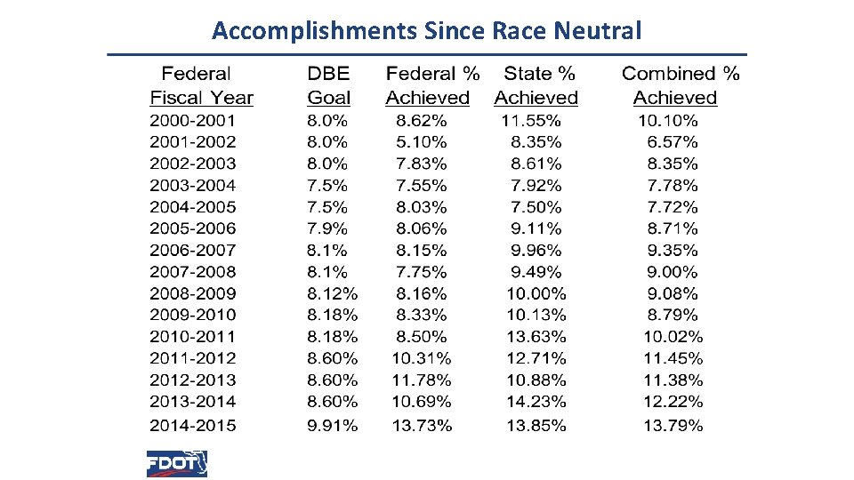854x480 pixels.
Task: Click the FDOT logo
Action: pyautogui.click(x=177, y=463)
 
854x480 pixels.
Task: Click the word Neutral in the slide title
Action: pyautogui.click(x=597, y=32)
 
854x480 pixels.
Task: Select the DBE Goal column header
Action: pyautogui.click(x=328, y=85)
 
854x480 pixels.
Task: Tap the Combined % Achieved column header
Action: pyautogui.click(x=680, y=85)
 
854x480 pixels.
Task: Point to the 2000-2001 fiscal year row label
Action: pyautogui.click(x=193, y=120)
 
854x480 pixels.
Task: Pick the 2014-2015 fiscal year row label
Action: pyautogui.click(x=193, y=425)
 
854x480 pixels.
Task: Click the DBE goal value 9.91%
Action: pyautogui.click(x=333, y=425)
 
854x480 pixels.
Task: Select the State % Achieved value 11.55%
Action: pyautogui.click(x=531, y=120)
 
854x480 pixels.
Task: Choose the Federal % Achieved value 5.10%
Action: pyautogui.click(x=422, y=141)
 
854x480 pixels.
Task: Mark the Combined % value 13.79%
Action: pyautogui.click(x=673, y=425)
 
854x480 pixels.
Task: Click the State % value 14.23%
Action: pyautogui.click(x=536, y=402)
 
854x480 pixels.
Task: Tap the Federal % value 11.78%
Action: pyautogui.click(x=422, y=380)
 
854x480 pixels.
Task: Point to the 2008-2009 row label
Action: pyautogui.click(x=193, y=293)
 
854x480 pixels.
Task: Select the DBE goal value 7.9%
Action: pyautogui.click(x=327, y=228)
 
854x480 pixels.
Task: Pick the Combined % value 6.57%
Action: pyautogui.click(x=673, y=141)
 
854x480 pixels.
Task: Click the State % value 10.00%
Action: pyautogui.click(x=536, y=293)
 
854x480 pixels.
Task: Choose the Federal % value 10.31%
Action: pyautogui.click(x=422, y=358)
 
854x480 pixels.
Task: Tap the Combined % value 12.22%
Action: pyautogui.click(x=673, y=402)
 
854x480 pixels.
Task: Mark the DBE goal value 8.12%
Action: pyautogui.click(x=333, y=293)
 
